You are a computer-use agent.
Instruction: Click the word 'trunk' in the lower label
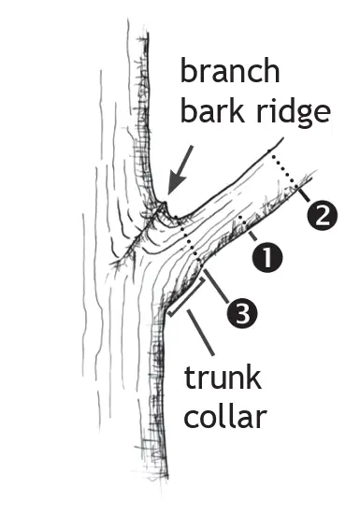coord(223,379)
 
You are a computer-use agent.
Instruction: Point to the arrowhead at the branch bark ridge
coord(168,193)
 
